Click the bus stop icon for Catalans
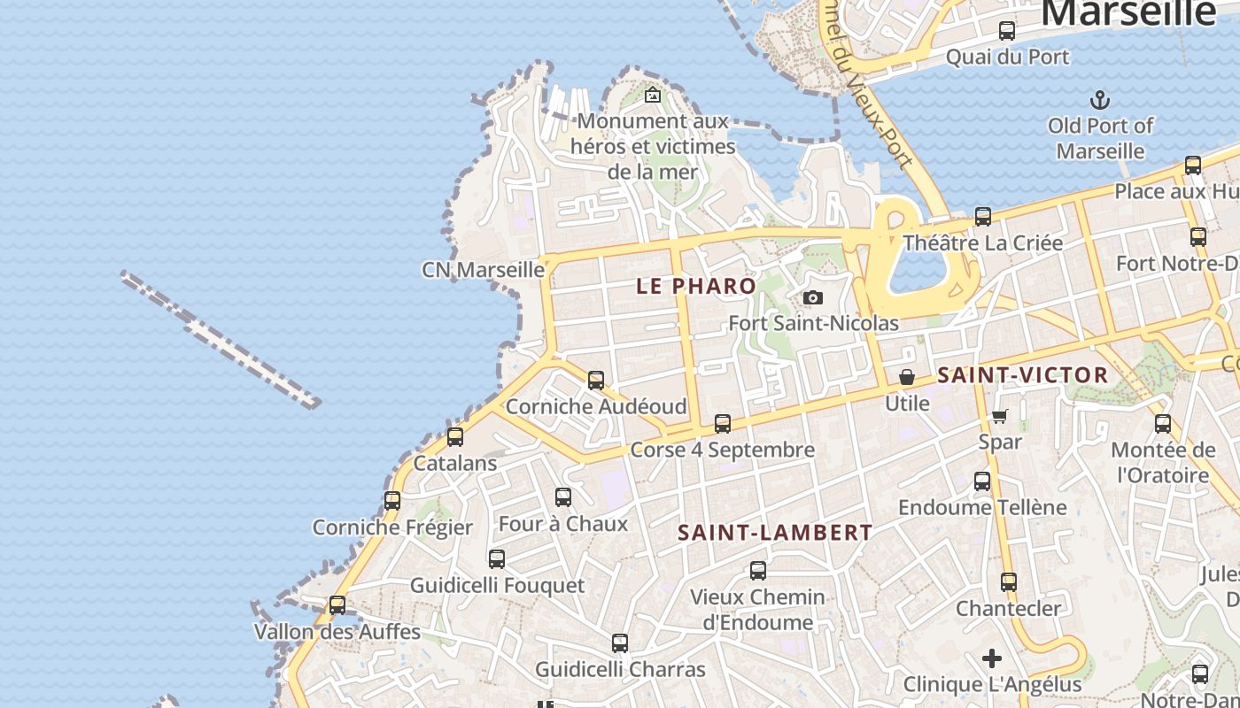455,436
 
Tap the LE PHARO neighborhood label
696,286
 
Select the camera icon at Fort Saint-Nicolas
813,298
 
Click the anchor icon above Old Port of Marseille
1100,99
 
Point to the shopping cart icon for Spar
1000,416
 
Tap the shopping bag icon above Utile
907,378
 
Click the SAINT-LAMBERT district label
775,533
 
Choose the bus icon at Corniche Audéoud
596,381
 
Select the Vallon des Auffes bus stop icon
337,605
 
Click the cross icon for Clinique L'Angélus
992,658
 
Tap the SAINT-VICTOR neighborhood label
1023,375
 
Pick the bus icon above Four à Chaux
563,497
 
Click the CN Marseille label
483,269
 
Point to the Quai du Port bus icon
1007,31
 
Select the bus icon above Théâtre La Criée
983,217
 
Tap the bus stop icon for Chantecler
1009,582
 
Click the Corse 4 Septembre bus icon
723,423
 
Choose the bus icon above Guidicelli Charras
620,643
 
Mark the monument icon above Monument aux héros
653,95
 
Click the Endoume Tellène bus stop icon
982,481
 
